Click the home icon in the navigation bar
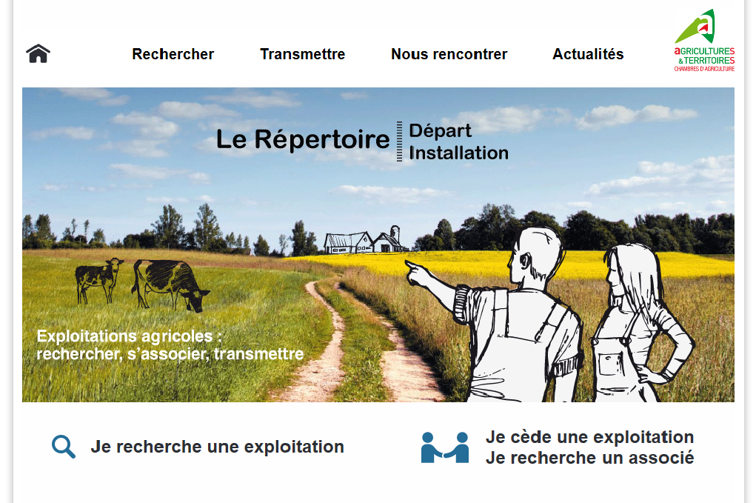[x=38, y=53]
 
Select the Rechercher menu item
[x=173, y=54]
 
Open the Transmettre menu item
[x=302, y=54]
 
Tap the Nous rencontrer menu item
[x=449, y=54]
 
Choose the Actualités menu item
[x=588, y=54]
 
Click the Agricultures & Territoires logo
[x=704, y=41]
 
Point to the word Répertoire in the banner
[x=321, y=140]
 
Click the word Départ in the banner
[x=440, y=131]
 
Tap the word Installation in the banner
[x=458, y=153]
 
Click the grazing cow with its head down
[x=170, y=285]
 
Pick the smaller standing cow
[x=98, y=280]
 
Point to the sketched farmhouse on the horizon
[x=365, y=240]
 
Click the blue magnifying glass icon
[x=64, y=447]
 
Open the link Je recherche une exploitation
[x=218, y=447]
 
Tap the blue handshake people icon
[x=444, y=447]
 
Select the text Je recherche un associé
[x=589, y=458]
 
